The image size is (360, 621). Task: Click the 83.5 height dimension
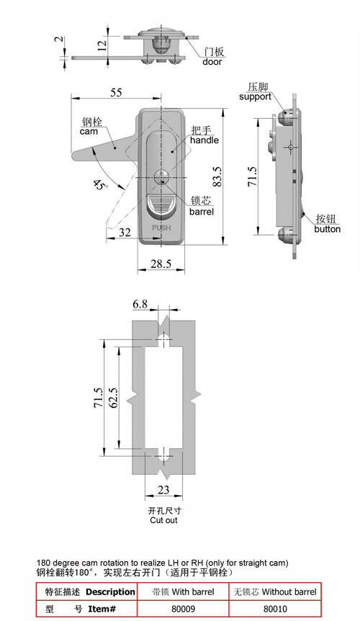tap(217, 177)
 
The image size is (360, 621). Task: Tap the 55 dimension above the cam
tap(117, 92)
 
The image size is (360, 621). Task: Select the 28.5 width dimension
tap(161, 264)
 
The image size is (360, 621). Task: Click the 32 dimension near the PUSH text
tap(125, 232)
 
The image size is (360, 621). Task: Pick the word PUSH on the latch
tap(161, 228)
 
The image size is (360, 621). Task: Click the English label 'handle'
tap(204, 140)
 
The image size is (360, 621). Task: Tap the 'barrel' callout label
tap(202, 212)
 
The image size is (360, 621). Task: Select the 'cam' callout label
tap(89, 131)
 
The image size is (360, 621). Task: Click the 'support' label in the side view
tap(255, 97)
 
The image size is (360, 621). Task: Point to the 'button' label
tap(327, 229)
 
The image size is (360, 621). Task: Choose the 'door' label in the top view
tap(212, 61)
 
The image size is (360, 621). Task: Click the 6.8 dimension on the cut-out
tap(140, 304)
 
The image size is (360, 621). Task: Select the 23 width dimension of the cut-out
tap(163, 490)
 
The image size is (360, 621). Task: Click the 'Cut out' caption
tap(163, 520)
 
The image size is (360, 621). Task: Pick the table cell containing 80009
tap(183, 609)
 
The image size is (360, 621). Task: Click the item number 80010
tap(275, 609)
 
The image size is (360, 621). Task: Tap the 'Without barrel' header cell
tap(275, 592)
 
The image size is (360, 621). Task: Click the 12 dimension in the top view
tap(102, 45)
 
